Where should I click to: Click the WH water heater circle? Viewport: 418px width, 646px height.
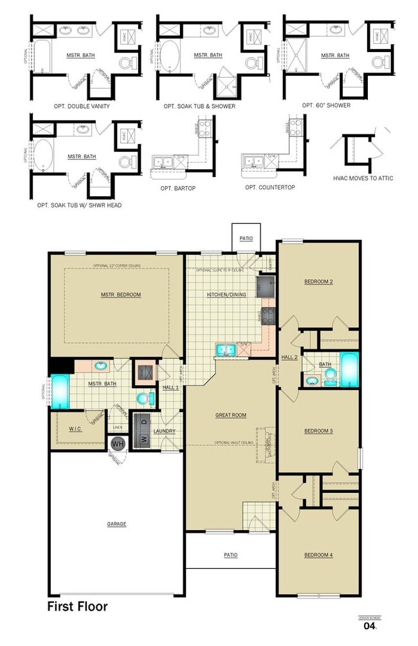point(118,443)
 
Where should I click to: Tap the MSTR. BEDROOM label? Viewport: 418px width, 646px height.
point(120,295)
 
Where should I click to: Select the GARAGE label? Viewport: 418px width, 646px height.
point(116,524)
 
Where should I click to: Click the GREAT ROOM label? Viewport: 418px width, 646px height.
point(230,415)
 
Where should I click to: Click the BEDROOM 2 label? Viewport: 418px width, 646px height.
point(318,282)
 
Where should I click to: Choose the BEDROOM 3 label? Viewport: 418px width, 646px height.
point(318,430)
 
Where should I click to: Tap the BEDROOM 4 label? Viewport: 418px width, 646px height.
point(318,555)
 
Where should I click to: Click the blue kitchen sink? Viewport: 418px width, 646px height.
point(224,349)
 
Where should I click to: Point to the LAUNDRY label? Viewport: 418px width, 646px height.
point(165,431)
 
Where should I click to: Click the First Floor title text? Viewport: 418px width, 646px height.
point(77,606)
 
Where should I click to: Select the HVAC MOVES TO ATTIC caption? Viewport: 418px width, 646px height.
point(363,178)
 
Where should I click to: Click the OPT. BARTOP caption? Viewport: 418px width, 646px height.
point(178,189)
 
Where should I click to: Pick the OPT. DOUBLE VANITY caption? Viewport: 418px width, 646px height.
point(82,106)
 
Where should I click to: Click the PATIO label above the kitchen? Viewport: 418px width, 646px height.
point(246,239)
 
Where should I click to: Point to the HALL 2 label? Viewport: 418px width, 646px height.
point(288,357)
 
